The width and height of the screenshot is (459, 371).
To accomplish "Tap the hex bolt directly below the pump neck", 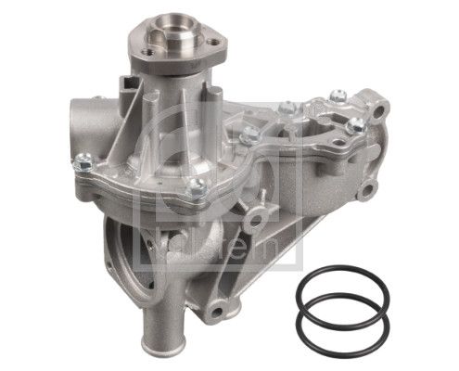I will tap(197, 189).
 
